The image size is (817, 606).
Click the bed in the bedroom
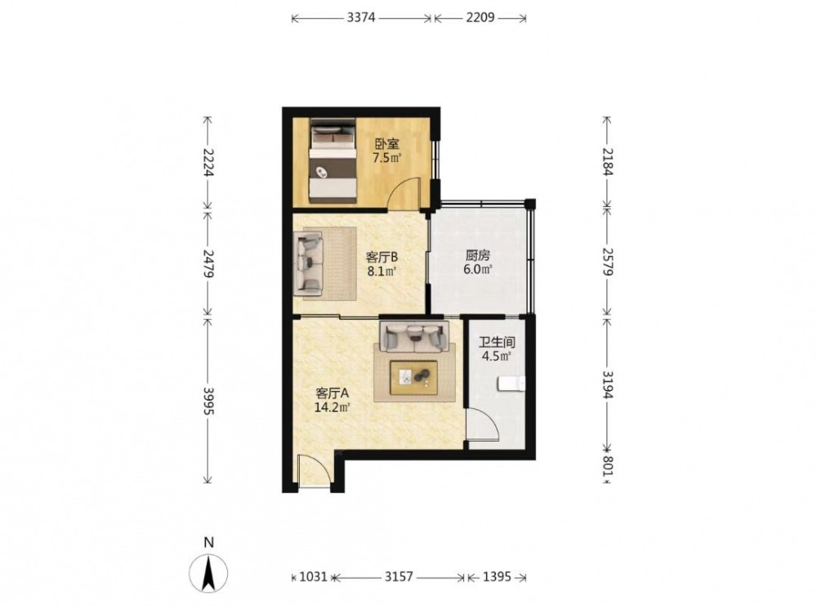333,160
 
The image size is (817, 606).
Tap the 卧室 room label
386,143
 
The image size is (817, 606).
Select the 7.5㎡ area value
386,158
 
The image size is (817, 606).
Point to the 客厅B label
382,257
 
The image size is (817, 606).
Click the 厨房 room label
478,256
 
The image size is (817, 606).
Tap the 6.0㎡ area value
478,270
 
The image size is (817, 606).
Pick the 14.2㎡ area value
332,406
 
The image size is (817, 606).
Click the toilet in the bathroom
511,384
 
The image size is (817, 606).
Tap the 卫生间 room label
497,343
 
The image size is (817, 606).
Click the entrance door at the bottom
315,471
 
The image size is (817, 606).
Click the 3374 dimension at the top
361,18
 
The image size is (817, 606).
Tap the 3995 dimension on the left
208,401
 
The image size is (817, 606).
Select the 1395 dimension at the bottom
497,577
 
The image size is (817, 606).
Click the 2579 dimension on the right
607,261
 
